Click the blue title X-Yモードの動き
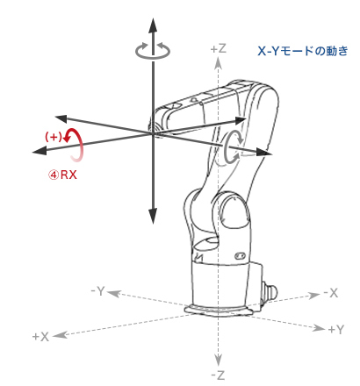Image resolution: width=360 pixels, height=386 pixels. tap(303, 51)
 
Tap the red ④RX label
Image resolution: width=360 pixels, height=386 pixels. tap(62, 175)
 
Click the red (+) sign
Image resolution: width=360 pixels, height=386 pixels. tap(54, 137)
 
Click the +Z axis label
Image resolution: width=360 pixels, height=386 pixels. tap(219, 48)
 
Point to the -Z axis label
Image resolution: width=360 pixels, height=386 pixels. tap(218, 375)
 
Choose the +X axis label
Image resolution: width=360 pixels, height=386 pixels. tap(40, 337)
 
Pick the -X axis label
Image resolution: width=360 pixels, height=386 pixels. tap(331, 293)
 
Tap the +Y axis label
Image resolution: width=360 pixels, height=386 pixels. tap(335, 330)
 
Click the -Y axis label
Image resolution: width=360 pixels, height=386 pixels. tap(97, 291)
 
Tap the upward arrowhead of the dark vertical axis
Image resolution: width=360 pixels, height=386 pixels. tap(153, 25)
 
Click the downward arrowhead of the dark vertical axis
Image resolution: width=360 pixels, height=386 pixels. tap(153, 217)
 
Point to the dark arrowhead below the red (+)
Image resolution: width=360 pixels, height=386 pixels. tap(40, 151)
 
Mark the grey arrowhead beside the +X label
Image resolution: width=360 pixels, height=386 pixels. tap(61, 334)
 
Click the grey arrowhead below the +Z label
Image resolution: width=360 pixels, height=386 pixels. tap(218, 63)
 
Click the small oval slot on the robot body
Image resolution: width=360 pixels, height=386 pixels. tap(241, 256)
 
